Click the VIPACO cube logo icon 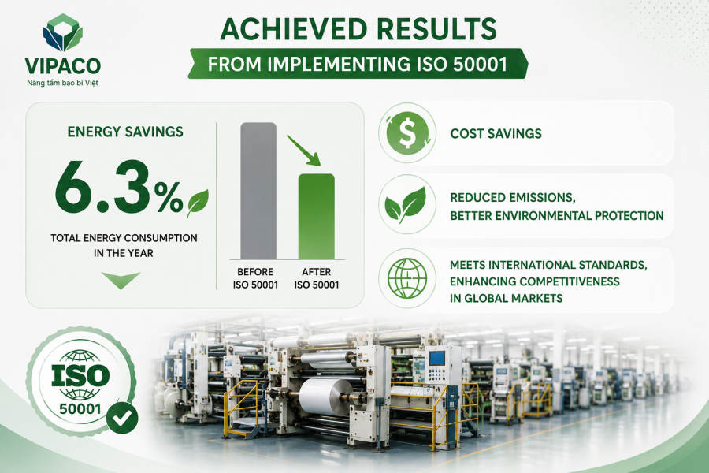coord(63,32)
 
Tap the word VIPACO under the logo coord(63,66)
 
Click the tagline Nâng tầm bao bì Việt coord(62,83)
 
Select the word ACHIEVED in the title coord(294,29)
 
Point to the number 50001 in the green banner coord(480,65)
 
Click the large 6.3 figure coord(103,187)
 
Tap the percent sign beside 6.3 coord(169,197)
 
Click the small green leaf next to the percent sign coord(198,203)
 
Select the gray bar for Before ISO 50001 coord(258,191)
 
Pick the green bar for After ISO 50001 coord(317,216)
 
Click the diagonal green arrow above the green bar coord(303,151)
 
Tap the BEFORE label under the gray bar coord(255,272)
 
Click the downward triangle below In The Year coord(121,280)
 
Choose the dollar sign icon coord(407,133)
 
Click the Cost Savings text coord(496,133)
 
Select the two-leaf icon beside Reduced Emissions coord(406,205)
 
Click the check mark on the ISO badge coord(122,418)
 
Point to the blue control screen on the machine coord(436,358)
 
